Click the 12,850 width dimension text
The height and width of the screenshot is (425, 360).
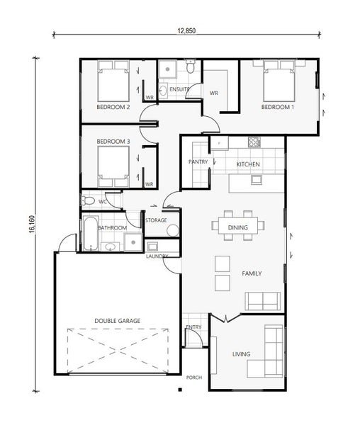coord(186,30)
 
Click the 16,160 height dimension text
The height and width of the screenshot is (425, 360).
coord(32,224)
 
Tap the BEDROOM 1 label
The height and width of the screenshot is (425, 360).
coord(277,107)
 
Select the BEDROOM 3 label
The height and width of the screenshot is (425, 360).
coord(113,142)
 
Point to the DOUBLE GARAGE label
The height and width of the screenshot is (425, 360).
coord(118,321)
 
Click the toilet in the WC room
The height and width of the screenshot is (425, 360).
coord(88,201)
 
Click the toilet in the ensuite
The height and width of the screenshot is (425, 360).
coord(191,66)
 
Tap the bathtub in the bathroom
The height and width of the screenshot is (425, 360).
coord(91,233)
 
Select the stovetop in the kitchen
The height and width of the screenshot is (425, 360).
coord(254,142)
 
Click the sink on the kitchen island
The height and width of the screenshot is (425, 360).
coord(256,179)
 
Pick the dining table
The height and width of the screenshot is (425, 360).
coord(238,225)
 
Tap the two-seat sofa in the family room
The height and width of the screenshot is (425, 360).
coord(263,301)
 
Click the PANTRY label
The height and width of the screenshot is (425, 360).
coord(198,161)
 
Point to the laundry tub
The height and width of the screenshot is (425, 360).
coord(152,246)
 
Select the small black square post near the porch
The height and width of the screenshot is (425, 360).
coord(180,390)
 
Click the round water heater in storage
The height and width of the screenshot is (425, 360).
coord(173,230)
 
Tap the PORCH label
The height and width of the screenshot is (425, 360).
coord(194,378)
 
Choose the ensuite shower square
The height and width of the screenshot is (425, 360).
coord(167,69)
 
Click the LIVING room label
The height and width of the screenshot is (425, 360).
coord(241,354)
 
